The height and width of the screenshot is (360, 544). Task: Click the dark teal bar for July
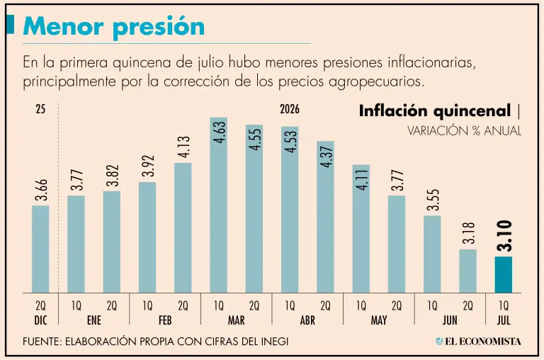(x=504, y=274)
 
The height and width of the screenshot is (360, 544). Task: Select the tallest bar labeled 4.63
(x=219, y=206)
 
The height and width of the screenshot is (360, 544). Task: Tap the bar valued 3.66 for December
(x=40, y=249)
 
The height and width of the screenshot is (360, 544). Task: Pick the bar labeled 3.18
(x=467, y=271)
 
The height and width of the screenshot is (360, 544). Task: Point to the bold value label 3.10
(x=504, y=236)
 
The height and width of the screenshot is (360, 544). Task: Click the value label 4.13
(x=183, y=147)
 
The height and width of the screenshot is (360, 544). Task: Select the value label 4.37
(x=326, y=157)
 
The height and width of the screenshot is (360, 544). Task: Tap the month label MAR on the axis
(x=237, y=320)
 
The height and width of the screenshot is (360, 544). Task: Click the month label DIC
(x=40, y=320)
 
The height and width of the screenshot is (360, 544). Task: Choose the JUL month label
(x=504, y=320)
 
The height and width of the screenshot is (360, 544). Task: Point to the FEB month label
(x=165, y=320)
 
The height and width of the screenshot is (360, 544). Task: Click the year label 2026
(x=290, y=109)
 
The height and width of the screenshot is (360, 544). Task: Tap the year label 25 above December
(x=40, y=109)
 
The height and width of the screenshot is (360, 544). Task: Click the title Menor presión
(x=114, y=26)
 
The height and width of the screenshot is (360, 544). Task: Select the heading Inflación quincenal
(x=435, y=111)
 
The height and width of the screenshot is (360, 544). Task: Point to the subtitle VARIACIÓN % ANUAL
(x=464, y=131)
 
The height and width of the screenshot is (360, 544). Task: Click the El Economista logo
(x=478, y=342)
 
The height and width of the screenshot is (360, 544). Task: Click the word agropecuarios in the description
(x=376, y=82)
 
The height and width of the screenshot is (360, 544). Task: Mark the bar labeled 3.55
(x=432, y=254)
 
